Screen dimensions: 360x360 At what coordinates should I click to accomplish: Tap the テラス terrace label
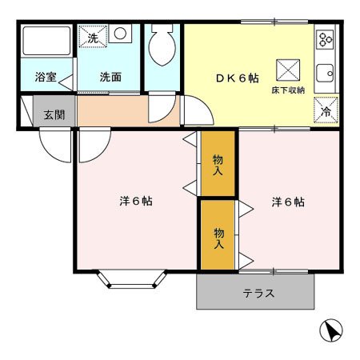click(x=258, y=294)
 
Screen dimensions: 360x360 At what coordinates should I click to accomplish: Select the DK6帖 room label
click(x=236, y=78)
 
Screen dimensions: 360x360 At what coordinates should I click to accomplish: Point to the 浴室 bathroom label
click(x=44, y=78)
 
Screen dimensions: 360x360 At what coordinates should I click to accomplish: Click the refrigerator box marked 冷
click(x=325, y=110)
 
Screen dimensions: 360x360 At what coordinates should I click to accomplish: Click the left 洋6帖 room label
click(x=136, y=201)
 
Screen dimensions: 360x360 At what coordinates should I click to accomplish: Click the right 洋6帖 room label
click(x=286, y=201)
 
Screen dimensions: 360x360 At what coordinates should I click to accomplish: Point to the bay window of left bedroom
click(x=132, y=278)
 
